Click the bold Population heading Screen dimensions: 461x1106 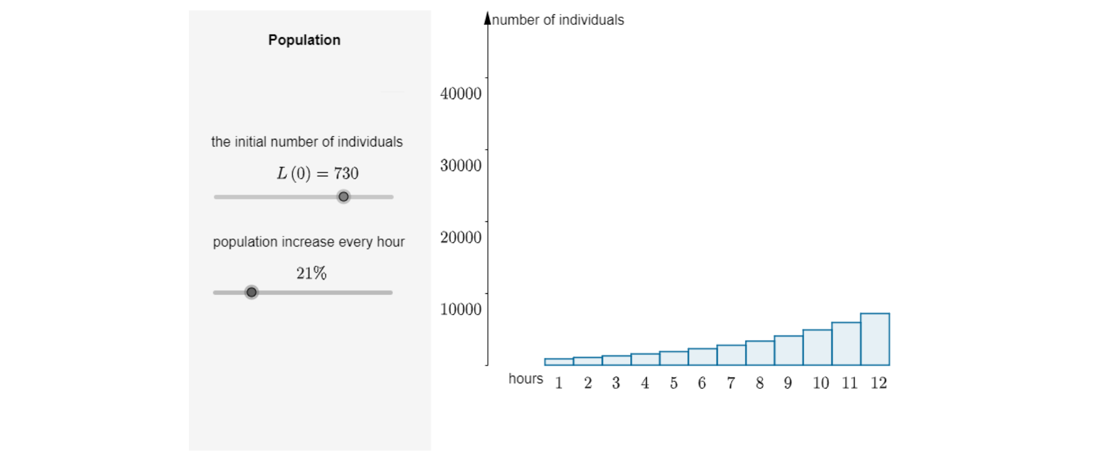click(304, 40)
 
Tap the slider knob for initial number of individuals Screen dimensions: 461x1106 click(343, 197)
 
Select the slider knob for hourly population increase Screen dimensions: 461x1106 click(251, 293)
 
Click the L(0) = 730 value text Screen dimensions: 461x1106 click(317, 173)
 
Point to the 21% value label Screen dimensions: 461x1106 click(311, 273)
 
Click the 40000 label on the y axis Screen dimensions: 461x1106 click(460, 93)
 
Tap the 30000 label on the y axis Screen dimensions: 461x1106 click(460, 165)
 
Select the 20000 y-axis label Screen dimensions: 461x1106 click(460, 237)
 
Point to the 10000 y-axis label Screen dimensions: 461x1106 click(460, 309)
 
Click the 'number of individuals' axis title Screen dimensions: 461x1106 click(558, 20)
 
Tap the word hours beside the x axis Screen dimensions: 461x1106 click(525, 379)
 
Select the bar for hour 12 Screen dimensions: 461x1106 click(875, 339)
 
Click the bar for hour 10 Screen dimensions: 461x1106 click(817, 347)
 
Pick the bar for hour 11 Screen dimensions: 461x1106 click(846, 344)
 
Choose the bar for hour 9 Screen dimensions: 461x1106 click(789, 350)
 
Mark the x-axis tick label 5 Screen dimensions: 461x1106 click(673, 383)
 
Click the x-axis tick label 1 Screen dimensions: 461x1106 click(559, 383)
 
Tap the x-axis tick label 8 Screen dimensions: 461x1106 click(760, 383)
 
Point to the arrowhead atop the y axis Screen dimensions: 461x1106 click(488, 18)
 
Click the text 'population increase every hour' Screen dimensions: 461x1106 click(308, 242)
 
